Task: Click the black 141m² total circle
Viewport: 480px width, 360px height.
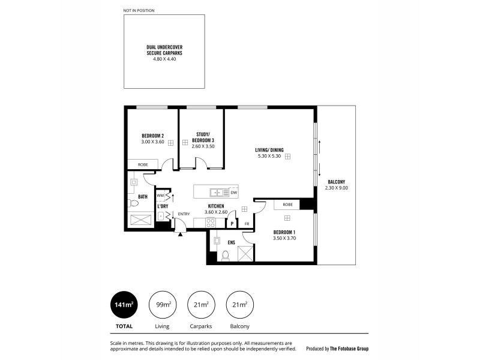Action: click(x=124, y=305)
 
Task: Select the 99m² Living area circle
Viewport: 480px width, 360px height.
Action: click(x=162, y=305)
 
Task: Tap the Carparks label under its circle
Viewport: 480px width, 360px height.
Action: click(x=200, y=326)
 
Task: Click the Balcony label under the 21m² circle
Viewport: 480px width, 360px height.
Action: click(x=239, y=326)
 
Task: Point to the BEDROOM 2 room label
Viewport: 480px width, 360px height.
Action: click(x=152, y=136)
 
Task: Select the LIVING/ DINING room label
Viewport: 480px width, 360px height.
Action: click(x=268, y=150)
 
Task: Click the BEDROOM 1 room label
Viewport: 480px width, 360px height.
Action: click(x=284, y=232)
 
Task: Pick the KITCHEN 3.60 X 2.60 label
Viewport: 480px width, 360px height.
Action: click(x=215, y=206)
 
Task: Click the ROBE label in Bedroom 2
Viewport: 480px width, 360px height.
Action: click(x=143, y=164)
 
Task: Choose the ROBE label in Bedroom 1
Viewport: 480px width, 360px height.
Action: click(x=288, y=205)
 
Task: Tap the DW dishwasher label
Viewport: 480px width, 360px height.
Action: click(x=233, y=193)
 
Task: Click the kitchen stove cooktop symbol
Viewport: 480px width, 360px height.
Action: click(x=211, y=223)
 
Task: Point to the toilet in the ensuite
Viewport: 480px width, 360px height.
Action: click(x=226, y=256)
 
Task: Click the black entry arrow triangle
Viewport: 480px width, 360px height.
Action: click(x=180, y=233)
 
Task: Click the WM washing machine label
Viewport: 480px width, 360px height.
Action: click(x=160, y=196)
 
